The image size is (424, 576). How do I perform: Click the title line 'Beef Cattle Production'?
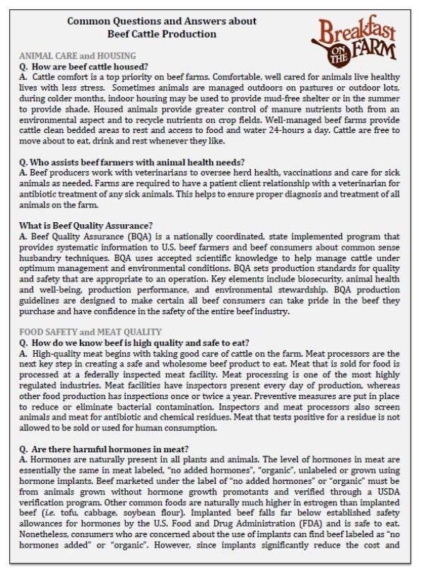tap(162, 34)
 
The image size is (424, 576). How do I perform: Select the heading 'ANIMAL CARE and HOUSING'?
tap(77, 55)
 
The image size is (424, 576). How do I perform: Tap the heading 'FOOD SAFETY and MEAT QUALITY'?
tap(90, 332)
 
